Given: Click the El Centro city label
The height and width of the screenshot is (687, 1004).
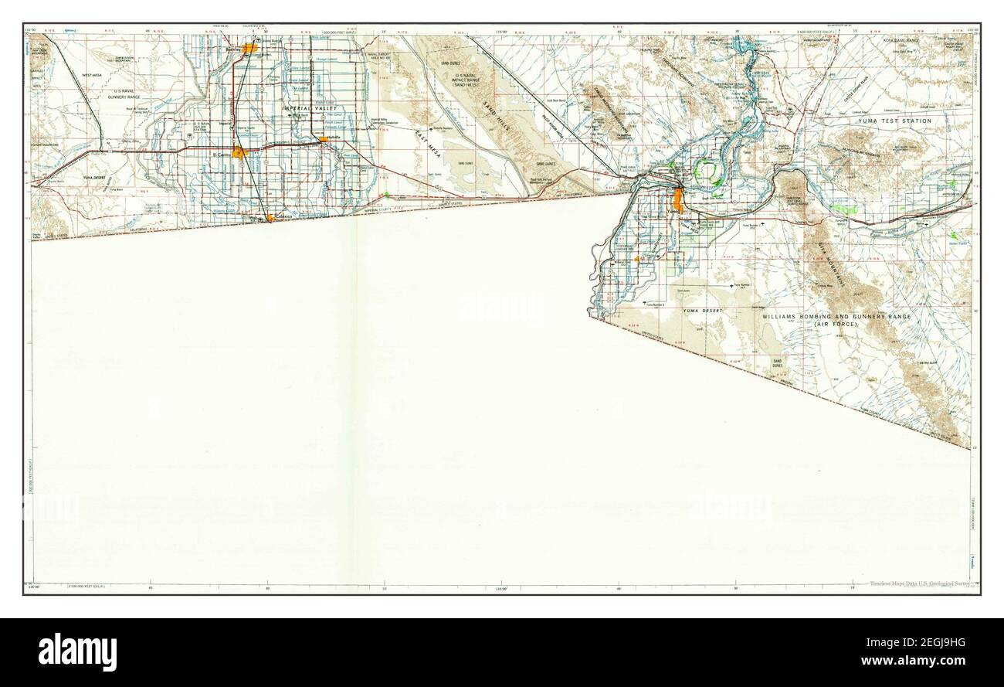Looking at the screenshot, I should [222, 155].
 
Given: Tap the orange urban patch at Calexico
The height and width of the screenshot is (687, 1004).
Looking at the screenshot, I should [270, 219].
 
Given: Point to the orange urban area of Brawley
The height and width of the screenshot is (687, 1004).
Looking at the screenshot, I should [249, 48].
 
